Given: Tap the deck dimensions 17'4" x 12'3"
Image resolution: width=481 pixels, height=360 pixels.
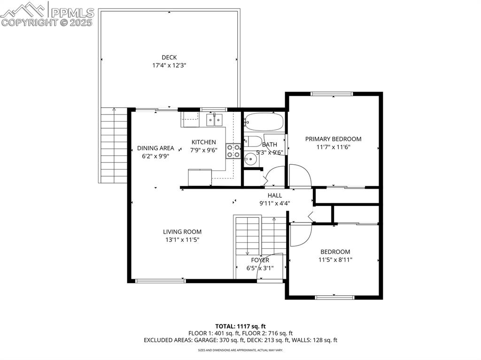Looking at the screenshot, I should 169,66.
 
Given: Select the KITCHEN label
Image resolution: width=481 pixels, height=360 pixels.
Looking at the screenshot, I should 203,142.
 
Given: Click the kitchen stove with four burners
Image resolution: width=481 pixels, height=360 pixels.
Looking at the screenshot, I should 233,151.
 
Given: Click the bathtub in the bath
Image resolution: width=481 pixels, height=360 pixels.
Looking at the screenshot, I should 264,122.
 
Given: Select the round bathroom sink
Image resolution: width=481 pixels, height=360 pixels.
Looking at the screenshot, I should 250,159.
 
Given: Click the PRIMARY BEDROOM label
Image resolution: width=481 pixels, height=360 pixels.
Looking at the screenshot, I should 333,139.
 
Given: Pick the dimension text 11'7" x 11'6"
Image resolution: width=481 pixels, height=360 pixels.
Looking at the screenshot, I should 333,147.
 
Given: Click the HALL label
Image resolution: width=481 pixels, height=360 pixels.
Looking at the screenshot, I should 275,195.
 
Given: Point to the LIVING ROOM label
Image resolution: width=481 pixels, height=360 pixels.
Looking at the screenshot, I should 182,231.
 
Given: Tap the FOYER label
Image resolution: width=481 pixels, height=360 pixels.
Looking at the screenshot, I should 260,260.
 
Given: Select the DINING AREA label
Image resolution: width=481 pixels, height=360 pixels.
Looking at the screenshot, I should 155,148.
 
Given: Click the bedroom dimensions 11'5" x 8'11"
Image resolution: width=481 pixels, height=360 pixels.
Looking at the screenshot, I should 335,260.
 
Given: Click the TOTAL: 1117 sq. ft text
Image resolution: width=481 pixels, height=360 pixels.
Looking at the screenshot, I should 240,326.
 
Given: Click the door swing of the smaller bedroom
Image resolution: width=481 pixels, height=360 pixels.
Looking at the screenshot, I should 299,234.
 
